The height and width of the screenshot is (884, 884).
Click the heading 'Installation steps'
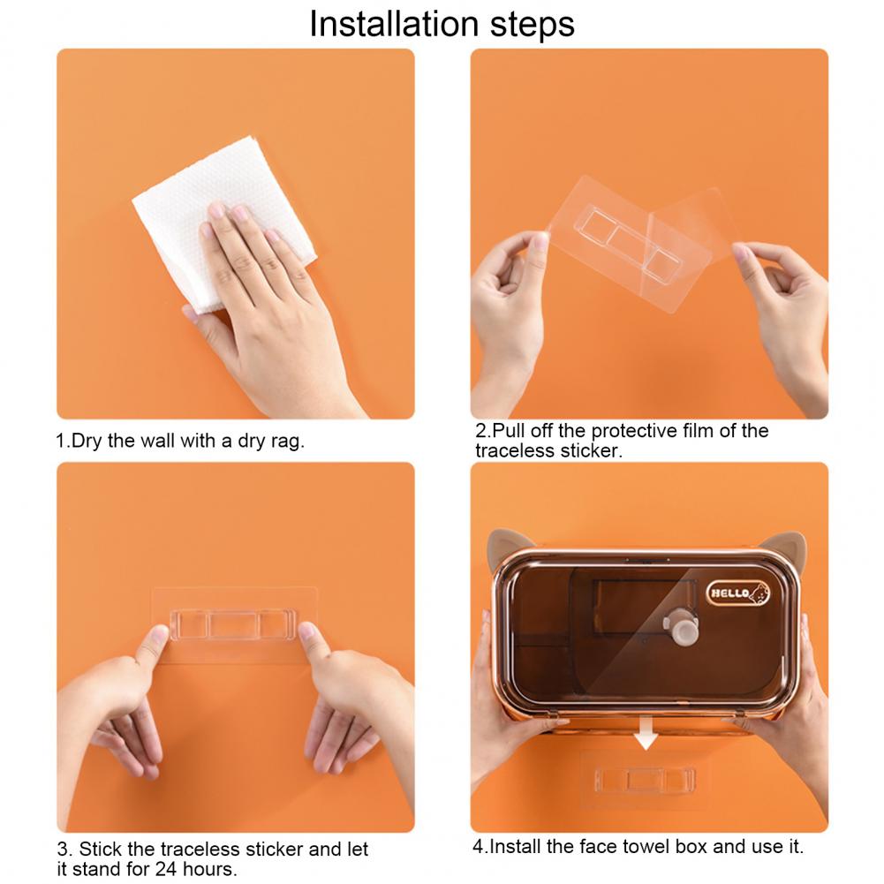[x=442, y=24]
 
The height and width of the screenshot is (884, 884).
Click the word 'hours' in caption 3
[x=209, y=869]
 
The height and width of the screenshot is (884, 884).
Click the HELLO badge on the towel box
[x=738, y=593]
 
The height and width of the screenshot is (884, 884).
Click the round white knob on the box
[x=682, y=626]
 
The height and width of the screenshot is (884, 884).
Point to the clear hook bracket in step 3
[x=233, y=624]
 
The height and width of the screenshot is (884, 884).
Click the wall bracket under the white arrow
[x=645, y=781]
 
